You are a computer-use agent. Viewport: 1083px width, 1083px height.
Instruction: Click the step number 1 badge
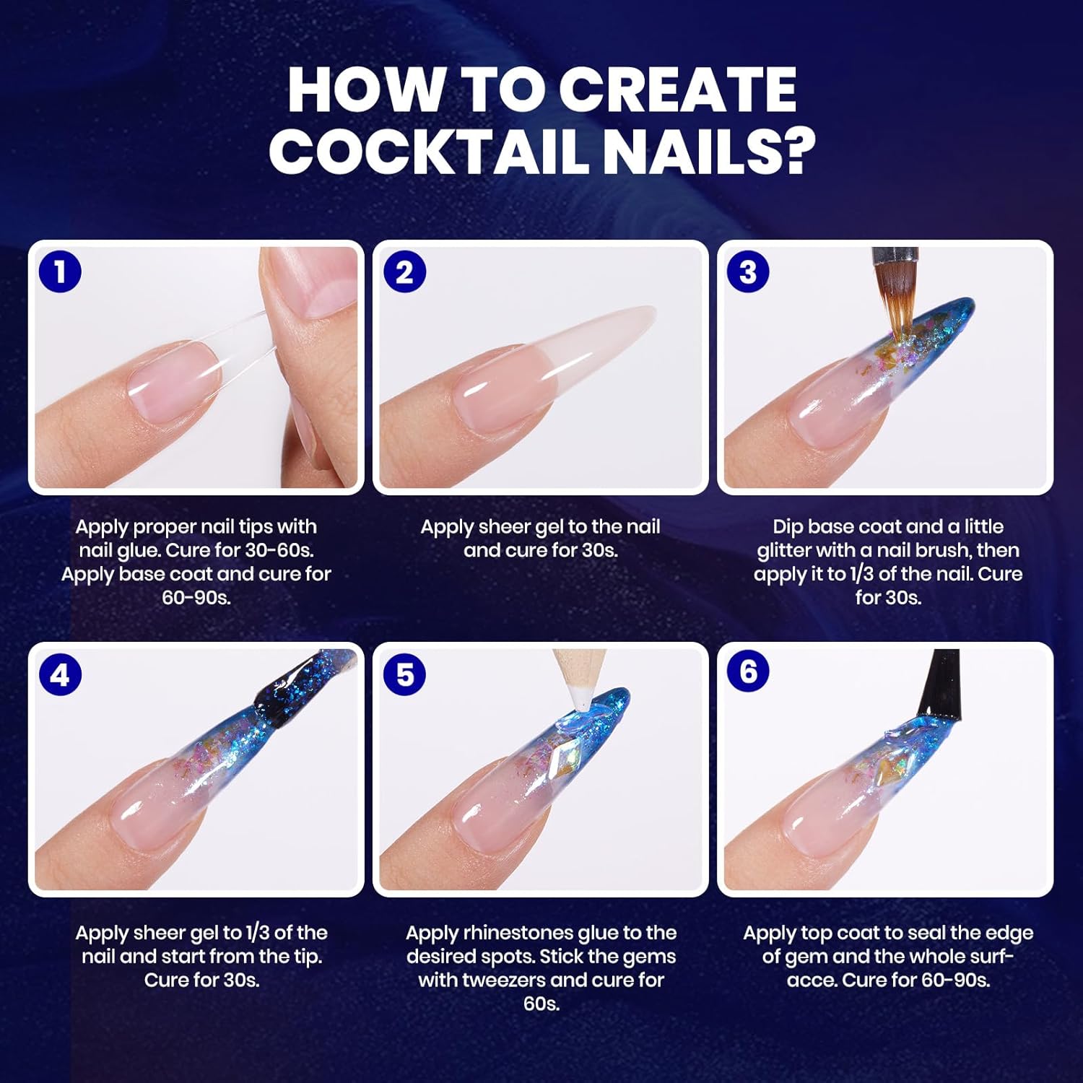[60, 271]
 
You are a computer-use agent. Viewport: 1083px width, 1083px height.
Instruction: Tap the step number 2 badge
[404, 271]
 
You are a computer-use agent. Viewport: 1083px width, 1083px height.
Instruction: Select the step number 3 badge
[748, 271]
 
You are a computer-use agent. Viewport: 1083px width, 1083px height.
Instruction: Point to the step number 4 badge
[60, 674]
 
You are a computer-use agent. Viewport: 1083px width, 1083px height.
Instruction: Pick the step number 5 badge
[404, 674]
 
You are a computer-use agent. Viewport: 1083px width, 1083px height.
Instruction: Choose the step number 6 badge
[748, 671]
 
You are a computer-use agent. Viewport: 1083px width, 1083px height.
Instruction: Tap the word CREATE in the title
[677, 90]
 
